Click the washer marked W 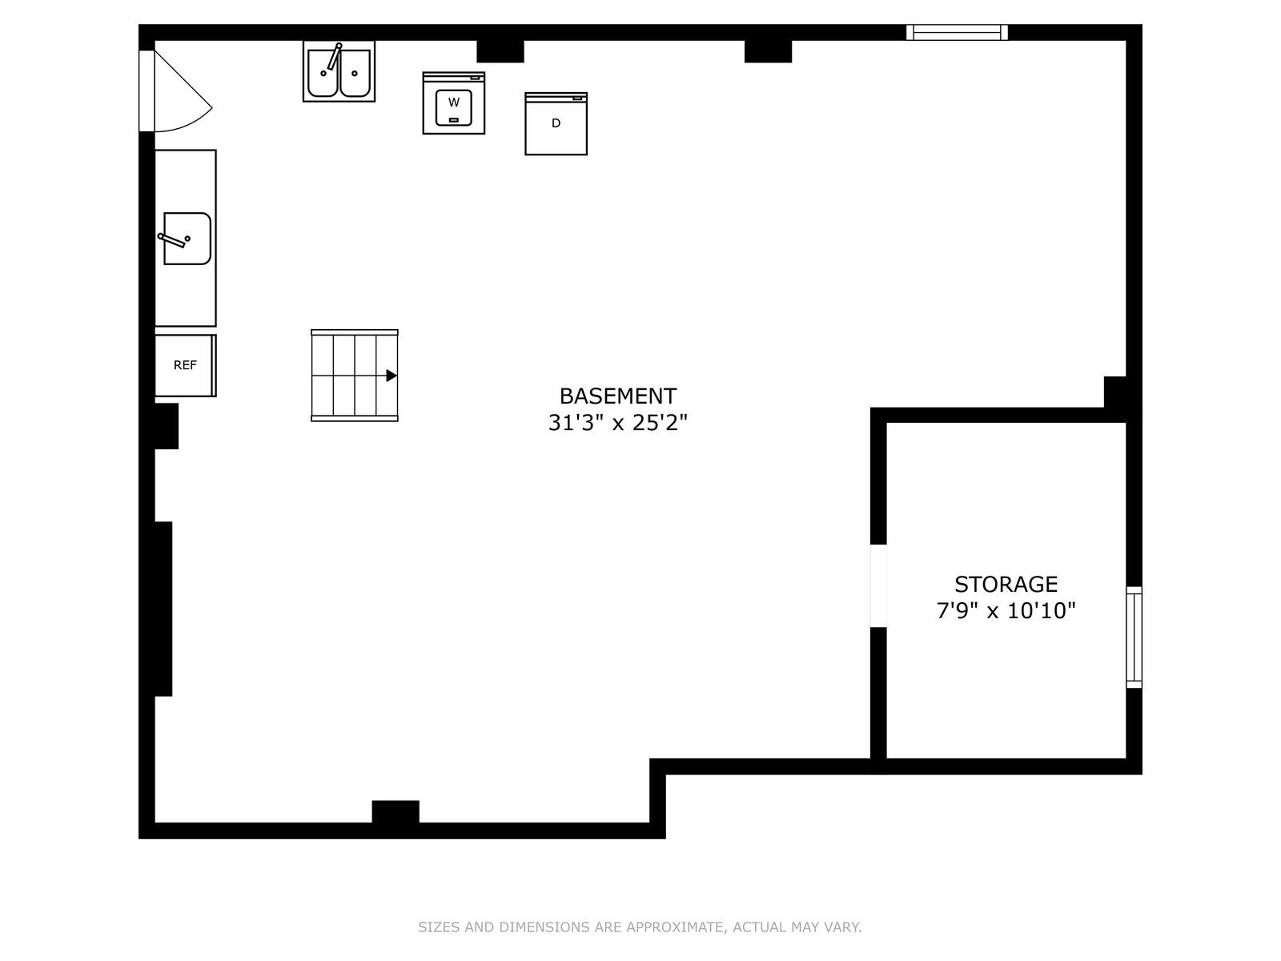453,103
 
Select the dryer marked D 556,123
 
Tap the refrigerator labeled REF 185,365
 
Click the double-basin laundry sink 339,71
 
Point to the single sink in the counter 187,238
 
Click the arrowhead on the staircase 392,375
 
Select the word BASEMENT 617,396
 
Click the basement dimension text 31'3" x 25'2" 617,423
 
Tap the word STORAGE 1006,584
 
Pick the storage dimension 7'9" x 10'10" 1006,611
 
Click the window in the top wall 957,32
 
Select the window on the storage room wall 1134,637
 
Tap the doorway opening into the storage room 877,586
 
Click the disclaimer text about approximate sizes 640,927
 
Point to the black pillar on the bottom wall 395,811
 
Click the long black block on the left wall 163,609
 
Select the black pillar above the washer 500,51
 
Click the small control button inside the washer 453,119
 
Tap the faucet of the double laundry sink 333,58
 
